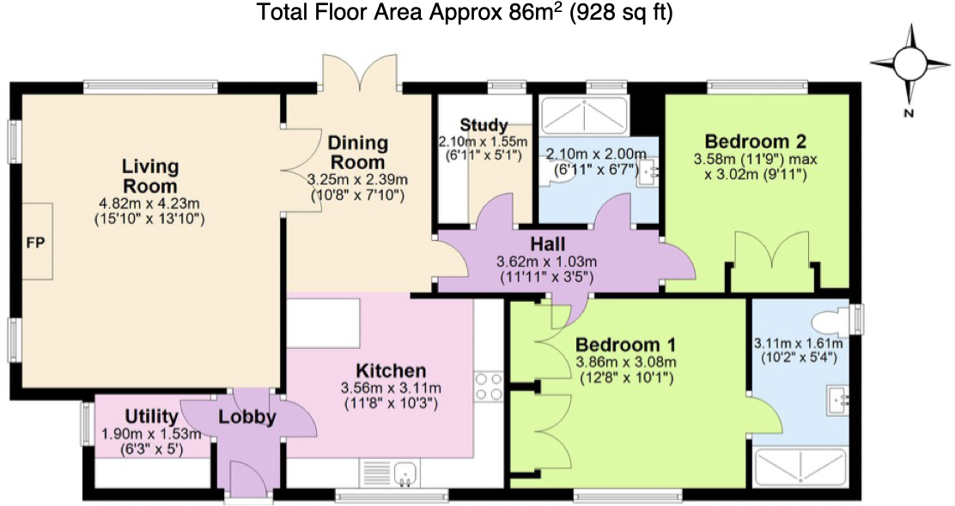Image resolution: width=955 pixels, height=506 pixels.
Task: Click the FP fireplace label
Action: coord(36,243)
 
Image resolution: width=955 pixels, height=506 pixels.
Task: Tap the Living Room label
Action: coord(149,176)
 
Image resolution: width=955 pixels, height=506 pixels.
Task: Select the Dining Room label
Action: coord(357,153)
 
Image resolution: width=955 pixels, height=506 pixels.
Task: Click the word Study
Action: coord(484,125)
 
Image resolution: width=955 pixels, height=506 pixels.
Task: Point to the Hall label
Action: coord(548,244)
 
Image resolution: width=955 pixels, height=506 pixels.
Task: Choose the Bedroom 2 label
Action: coord(755,142)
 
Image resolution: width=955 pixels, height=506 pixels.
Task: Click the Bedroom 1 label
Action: coord(625,345)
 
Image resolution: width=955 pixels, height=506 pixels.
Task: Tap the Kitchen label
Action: coord(391,370)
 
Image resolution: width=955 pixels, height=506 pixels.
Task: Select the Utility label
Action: coord(151,417)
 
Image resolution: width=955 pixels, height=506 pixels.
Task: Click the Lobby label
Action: coord(247,417)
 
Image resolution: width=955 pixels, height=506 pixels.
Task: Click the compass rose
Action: coord(910,63)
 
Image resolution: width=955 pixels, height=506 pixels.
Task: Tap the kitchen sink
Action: coord(405,473)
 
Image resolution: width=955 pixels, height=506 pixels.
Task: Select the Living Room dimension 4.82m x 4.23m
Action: coord(149,204)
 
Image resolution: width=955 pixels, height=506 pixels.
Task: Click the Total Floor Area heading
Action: coord(465,12)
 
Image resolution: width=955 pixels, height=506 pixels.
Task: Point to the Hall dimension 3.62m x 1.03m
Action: coord(547,262)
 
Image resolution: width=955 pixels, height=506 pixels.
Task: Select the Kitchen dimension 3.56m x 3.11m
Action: coord(391,388)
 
